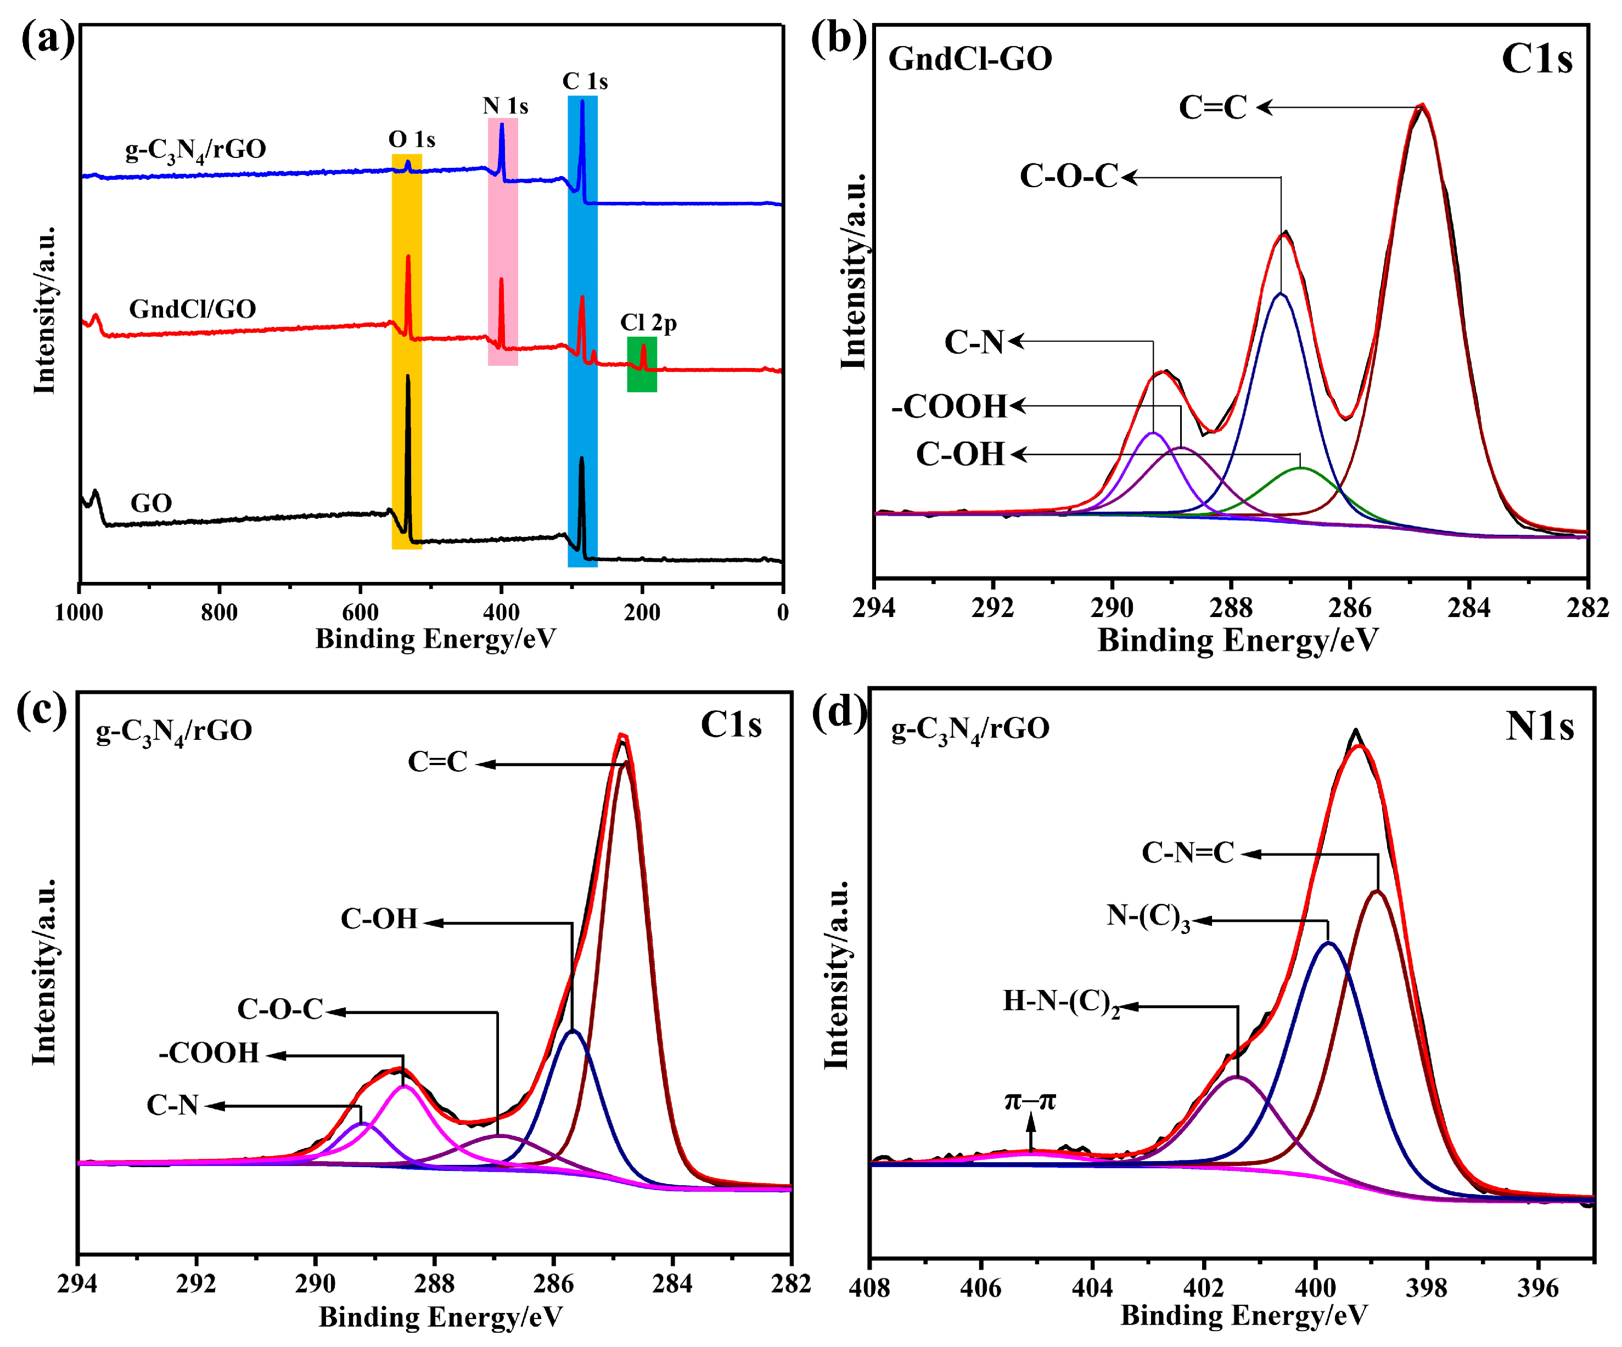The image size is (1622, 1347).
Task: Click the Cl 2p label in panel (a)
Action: (x=648, y=322)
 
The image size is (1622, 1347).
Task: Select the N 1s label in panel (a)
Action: (x=505, y=106)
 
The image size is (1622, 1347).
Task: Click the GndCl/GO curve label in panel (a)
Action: (x=192, y=309)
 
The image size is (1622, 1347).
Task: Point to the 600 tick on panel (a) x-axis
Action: (x=360, y=612)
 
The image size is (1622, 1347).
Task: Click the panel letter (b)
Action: (x=838, y=38)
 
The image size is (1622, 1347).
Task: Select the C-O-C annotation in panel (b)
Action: (x=1069, y=176)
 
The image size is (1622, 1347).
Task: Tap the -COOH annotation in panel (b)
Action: (x=949, y=406)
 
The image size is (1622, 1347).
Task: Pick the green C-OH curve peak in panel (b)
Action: (x=1301, y=468)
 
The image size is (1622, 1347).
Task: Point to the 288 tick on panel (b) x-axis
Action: (x=1231, y=608)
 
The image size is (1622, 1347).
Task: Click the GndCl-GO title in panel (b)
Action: (x=970, y=59)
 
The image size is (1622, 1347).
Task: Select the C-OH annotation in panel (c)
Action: (x=379, y=919)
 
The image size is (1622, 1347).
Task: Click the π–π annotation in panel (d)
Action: (x=1030, y=1100)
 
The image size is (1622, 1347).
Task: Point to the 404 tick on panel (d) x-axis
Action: (x=1092, y=1287)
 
